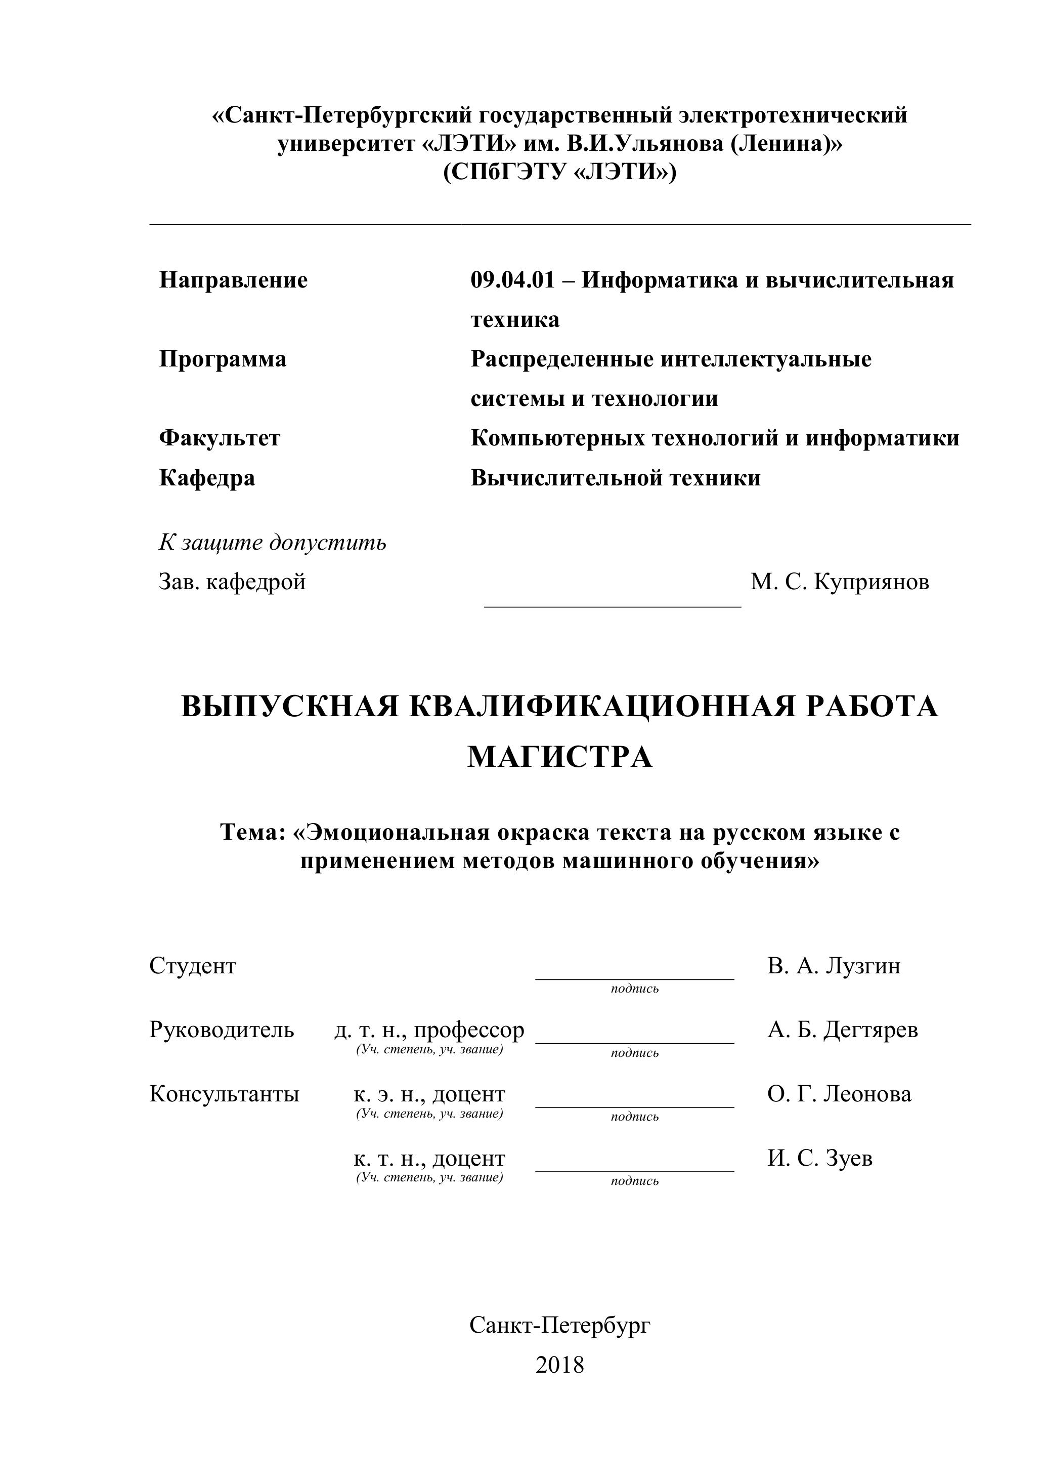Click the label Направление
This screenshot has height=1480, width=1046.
coord(233,280)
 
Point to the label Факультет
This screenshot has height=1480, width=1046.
coord(220,438)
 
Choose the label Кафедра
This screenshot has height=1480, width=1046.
coord(207,478)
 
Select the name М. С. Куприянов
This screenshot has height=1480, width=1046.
coord(839,582)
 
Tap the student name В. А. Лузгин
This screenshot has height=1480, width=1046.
coord(834,966)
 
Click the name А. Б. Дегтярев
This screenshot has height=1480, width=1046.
coord(842,1030)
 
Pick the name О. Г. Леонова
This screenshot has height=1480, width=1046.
coord(839,1094)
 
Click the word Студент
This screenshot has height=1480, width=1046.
coord(193,966)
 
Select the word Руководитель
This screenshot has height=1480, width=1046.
coord(222,1030)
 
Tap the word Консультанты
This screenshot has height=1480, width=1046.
coord(224,1094)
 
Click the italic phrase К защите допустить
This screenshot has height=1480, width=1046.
coord(273,543)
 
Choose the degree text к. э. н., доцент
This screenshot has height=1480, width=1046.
coord(429,1094)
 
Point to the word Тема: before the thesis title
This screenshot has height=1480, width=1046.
coord(252,832)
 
